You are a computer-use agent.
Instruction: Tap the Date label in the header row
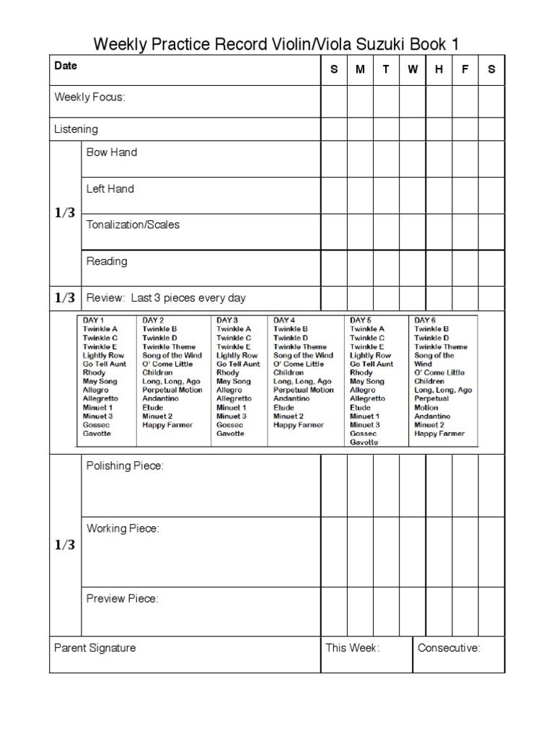click(x=66, y=66)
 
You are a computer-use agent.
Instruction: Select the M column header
click(x=360, y=69)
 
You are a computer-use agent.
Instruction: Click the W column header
click(x=413, y=69)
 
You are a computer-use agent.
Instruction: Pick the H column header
click(x=439, y=69)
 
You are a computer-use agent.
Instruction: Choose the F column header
click(x=465, y=69)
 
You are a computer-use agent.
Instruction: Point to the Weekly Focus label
click(x=89, y=97)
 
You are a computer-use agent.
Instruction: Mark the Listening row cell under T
click(x=386, y=129)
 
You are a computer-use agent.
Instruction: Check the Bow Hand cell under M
click(x=360, y=159)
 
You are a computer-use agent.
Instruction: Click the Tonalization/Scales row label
click(x=133, y=224)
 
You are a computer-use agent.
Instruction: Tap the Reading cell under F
click(x=465, y=267)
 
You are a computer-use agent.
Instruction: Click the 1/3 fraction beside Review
click(x=65, y=297)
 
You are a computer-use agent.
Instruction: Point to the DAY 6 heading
click(x=425, y=320)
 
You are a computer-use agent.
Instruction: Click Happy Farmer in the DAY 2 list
click(x=167, y=425)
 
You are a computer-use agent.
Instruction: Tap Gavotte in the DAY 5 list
click(x=364, y=442)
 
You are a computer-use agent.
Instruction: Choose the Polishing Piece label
click(x=125, y=466)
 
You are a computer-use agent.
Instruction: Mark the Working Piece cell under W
click(x=413, y=551)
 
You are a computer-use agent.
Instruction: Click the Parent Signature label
click(x=94, y=647)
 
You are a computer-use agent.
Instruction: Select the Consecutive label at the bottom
click(x=449, y=647)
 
